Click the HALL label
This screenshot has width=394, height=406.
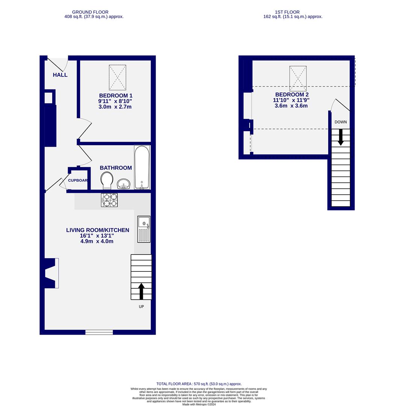coord(60,75)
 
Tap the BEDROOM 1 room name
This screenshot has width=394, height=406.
coord(115,95)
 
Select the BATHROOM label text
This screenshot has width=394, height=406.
coord(116,168)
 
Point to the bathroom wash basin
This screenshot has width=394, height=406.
coord(123,184)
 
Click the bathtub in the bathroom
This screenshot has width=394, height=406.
coord(142,167)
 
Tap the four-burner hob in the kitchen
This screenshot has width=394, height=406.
coord(109,200)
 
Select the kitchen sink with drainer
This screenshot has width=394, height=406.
coord(144,229)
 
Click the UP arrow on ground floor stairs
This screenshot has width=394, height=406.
coord(141,291)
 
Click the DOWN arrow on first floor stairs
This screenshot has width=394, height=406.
coord(341,137)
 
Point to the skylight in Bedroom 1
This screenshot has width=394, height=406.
coord(117,77)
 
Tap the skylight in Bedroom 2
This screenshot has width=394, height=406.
coord(298,78)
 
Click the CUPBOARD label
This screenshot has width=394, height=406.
coord(78,180)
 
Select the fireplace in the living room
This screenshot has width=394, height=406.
coord(52,273)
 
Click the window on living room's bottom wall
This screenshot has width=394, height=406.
coord(99,332)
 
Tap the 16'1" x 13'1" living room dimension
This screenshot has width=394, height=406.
coord(97,236)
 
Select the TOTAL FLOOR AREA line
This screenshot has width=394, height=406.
coord(199,384)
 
